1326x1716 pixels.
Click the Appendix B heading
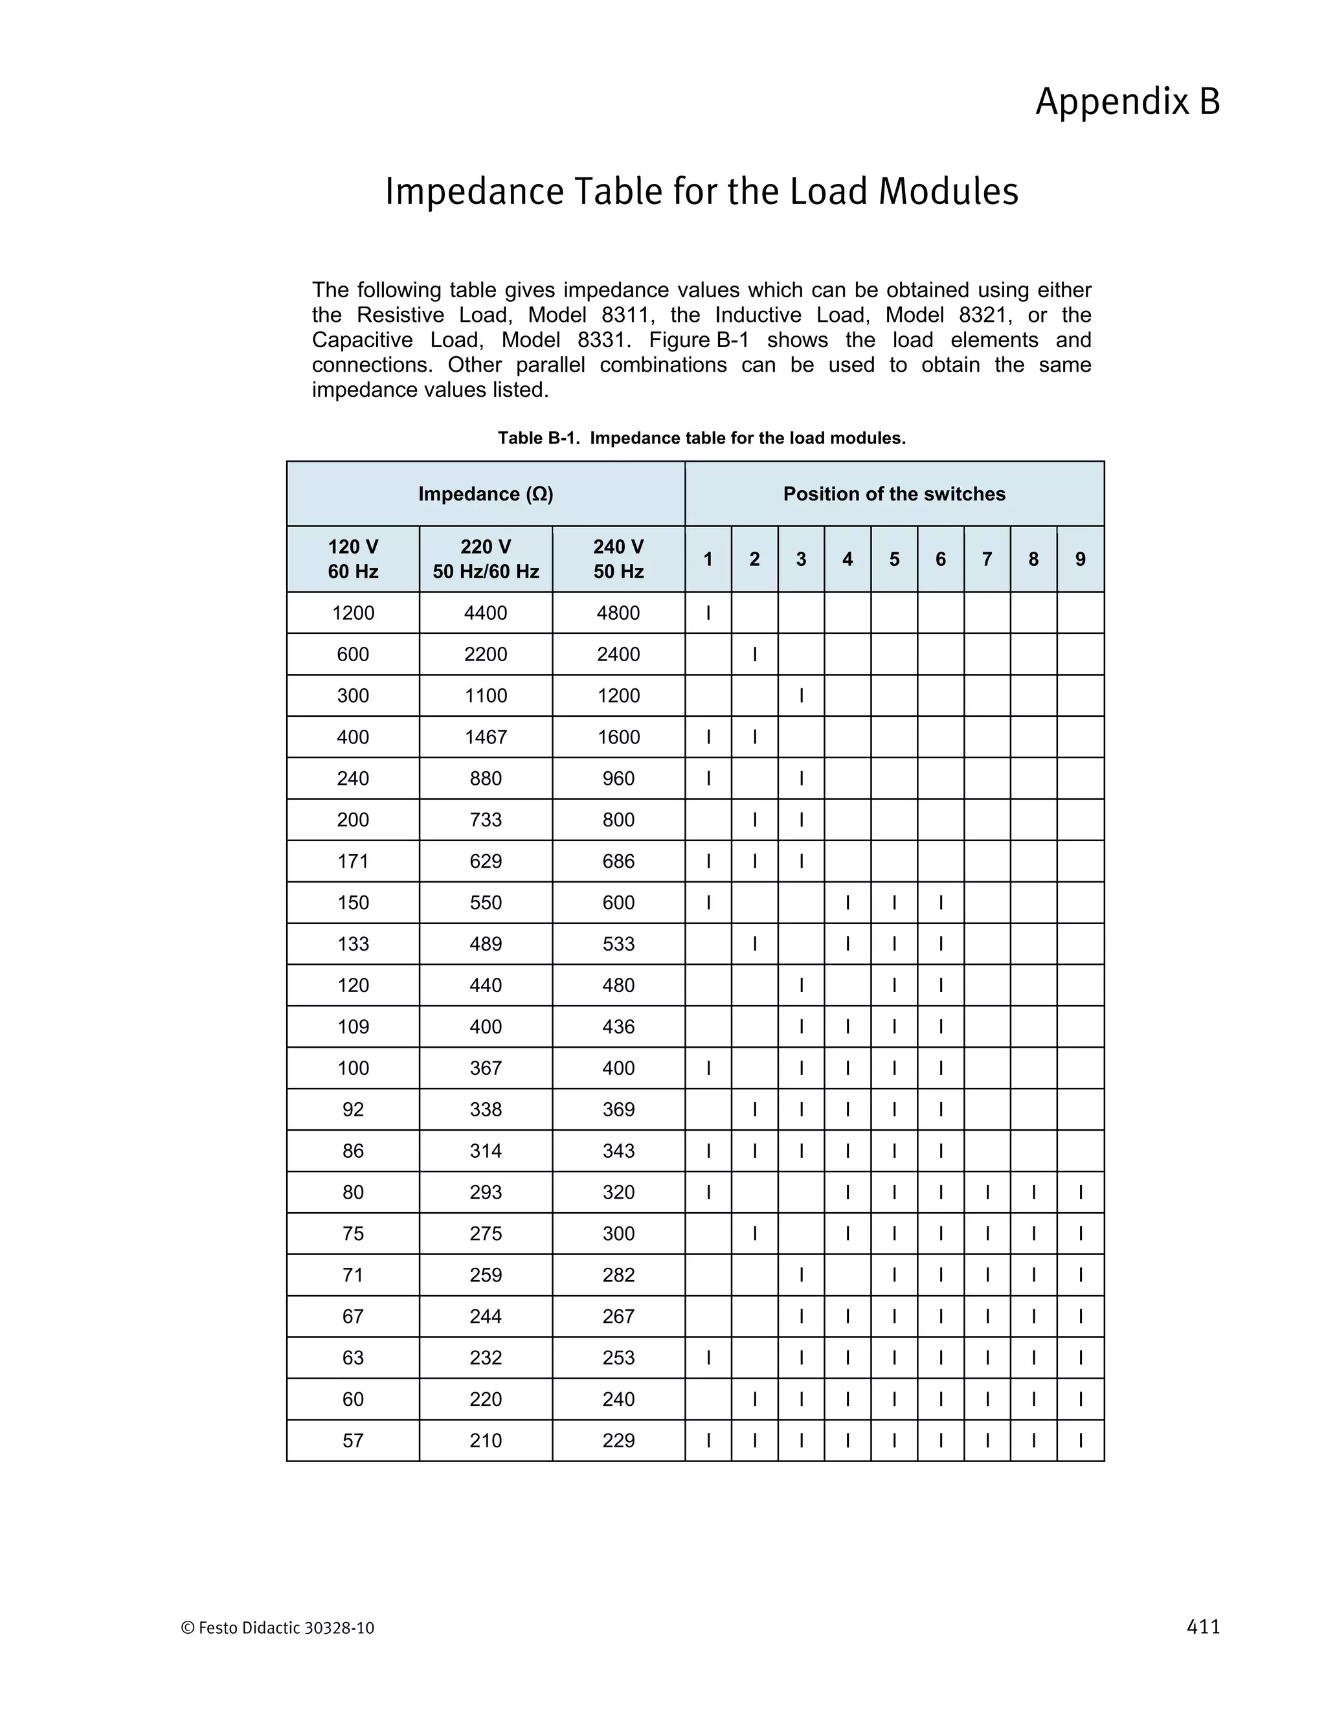click(x=1127, y=102)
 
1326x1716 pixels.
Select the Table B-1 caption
click(x=701, y=438)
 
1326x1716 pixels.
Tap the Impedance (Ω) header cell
click(x=486, y=494)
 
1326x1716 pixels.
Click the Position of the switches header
click(x=894, y=494)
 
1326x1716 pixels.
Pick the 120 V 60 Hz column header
click(x=353, y=559)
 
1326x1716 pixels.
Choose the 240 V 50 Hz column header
click(x=618, y=559)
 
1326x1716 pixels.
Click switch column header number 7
click(x=987, y=559)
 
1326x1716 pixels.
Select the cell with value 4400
click(x=486, y=613)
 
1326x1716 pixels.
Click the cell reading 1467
click(x=486, y=737)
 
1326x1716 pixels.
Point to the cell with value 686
click(x=618, y=861)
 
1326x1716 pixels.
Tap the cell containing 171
click(x=353, y=861)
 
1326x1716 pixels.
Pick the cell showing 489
click(x=486, y=943)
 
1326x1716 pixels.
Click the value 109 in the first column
click(x=353, y=1027)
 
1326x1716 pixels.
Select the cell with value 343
click(x=618, y=1151)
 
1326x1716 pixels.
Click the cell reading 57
click(x=353, y=1441)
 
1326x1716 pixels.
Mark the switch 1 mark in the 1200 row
click(x=708, y=613)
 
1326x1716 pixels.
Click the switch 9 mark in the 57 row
click(x=1080, y=1441)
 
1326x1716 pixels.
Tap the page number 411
click(x=1203, y=1627)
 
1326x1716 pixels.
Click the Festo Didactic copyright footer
click(x=277, y=1629)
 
